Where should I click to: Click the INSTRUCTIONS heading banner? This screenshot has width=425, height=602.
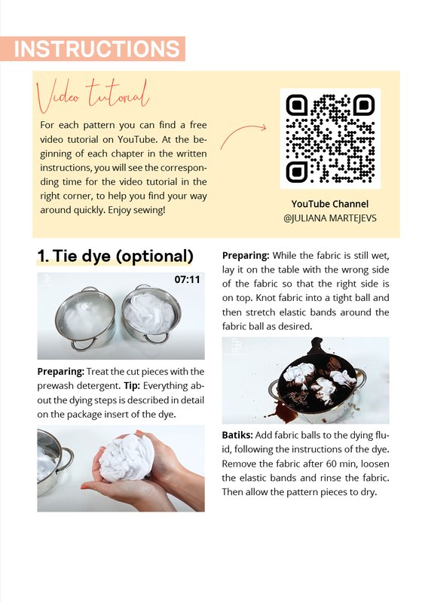pyautogui.click(x=93, y=49)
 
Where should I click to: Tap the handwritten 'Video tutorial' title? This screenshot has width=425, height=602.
pyautogui.click(x=93, y=95)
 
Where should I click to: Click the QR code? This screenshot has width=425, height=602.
pyautogui.click(x=330, y=138)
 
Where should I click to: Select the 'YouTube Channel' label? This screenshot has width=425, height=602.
pyautogui.click(x=329, y=204)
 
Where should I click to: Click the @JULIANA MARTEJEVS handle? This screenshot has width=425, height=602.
pyautogui.click(x=329, y=218)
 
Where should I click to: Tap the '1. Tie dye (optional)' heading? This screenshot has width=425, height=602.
pyautogui.click(x=115, y=256)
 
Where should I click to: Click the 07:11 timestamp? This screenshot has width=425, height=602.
pyautogui.click(x=188, y=279)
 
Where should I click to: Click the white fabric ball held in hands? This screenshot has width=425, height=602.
pyautogui.click(x=127, y=458)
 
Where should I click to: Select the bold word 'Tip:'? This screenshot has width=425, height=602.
pyautogui.click(x=132, y=385)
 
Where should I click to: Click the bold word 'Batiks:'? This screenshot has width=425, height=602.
pyautogui.click(x=237, y=435)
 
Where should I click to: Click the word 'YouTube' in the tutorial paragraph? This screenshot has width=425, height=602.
pyautogui.click(x=136, y=139)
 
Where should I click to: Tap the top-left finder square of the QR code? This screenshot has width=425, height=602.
pyautogui.click(x=297, y=105)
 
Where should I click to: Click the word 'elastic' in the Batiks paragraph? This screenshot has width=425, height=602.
pyautogui.click(x=253, y=478)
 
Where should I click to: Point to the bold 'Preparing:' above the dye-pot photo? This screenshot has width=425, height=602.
pyautogui.click(x=246, y=255)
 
